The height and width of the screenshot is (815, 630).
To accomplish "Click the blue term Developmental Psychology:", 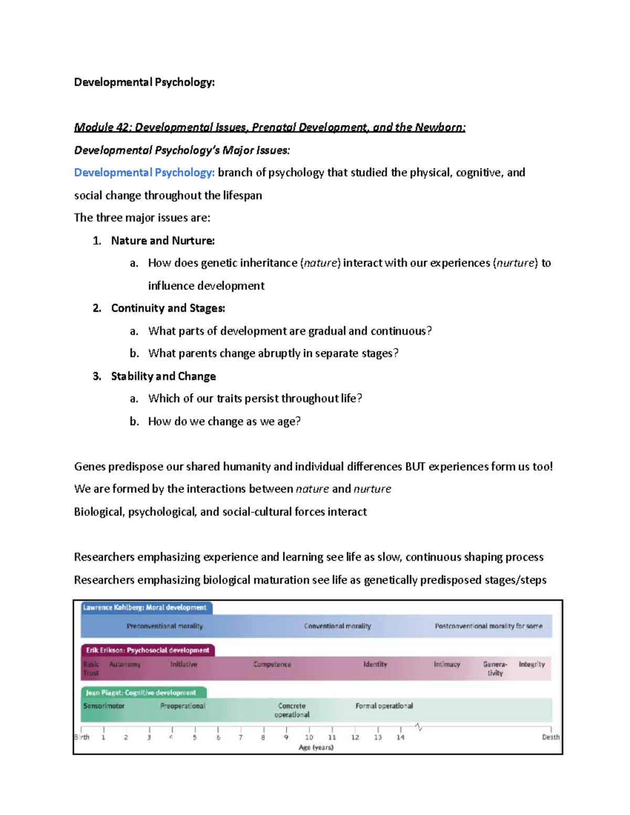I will (x=144, y=173).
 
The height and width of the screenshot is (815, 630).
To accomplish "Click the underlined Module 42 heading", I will (x=269, y=128).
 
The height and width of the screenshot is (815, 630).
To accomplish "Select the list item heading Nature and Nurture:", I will (x=163, y=241).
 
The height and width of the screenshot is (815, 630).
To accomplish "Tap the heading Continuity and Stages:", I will (x=168, y=308).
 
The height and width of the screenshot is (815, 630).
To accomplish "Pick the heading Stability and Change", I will (x=163, y=376).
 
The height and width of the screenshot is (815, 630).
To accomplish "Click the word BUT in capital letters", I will (x=415, y=467).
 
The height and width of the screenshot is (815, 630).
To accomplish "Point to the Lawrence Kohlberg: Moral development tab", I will (x=145, y=608).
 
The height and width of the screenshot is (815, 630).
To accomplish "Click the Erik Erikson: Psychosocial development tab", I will (x=148, y=650).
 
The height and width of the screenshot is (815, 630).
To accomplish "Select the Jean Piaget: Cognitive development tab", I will (x=141, y=693).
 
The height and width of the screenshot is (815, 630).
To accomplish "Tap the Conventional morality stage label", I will (x=338, y=626).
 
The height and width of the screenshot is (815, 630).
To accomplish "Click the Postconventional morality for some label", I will (x=488, y=626).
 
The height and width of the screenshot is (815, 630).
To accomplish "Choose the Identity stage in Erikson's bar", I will (x=375, y=664).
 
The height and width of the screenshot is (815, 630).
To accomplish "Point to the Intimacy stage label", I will (x=447, y=664).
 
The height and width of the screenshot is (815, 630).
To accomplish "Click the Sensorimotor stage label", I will (x=104, y=706).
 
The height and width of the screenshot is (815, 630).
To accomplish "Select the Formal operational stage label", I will (x=384, y=706).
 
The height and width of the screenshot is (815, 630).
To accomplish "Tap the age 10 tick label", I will (x=309, y=737).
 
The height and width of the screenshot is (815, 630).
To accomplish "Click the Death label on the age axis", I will (x=551, y=737).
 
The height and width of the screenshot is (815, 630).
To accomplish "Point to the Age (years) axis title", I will (x=316, y=747).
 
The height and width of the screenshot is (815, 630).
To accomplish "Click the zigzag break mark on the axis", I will (x=418, y=727).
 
